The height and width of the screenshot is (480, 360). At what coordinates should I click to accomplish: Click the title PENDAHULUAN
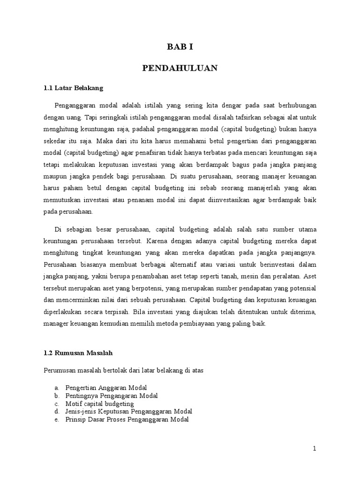tap(180, 68)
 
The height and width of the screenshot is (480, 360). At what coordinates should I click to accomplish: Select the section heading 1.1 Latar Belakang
tap(73, 88)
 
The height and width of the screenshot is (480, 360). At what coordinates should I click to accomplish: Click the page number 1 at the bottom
tap(315, 449)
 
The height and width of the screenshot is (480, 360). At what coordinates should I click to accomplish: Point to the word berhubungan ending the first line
tap(296, 105)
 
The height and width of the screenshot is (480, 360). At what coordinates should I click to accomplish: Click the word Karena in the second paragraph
tap(157, 241)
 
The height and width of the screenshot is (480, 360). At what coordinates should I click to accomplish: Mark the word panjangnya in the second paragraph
tap(298, 253)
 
